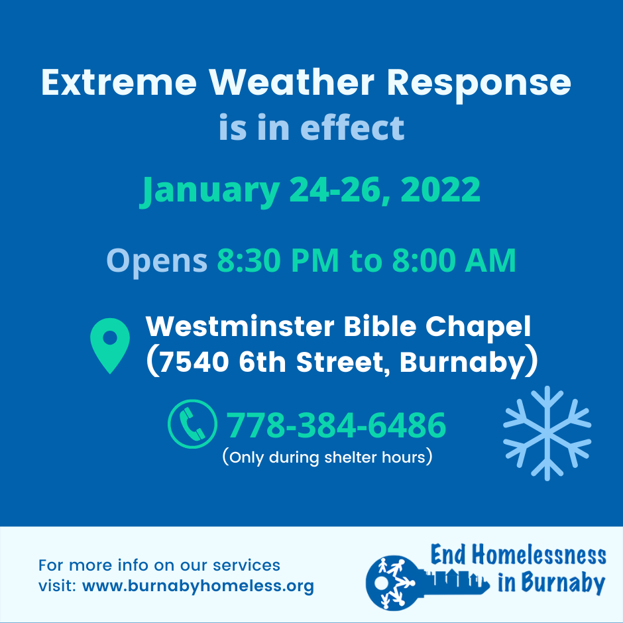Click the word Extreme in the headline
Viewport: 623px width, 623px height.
pyautogui.click(x=119, y=82)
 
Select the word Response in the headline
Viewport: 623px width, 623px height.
pyautogui.click(x=479, y=85)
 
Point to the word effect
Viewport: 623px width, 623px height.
pyautogui.click(x=352, y=127)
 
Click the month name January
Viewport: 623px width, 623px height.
pyautogui.click(x=210, y=191)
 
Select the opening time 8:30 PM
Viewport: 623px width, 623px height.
pyautogui.click(x=278, y=260)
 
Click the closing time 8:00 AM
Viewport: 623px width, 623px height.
pyautogui.click(x=454, y=260)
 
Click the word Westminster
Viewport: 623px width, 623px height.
pyautogui.click(x=240, y=326)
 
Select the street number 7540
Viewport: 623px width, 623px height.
pyautogui.click(x=194, y=362)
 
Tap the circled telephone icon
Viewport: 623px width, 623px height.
pyautogui.click(x=192, y=424)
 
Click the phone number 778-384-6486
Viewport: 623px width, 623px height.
pyautogui.click(x=336, y=425)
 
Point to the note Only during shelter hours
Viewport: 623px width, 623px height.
pyautogui.click(x=327, y=457)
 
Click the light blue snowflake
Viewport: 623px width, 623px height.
pyautogui.click(x=547, y=433)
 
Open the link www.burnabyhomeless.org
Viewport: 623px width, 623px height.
pyautogui.click(x=198, y=587)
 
